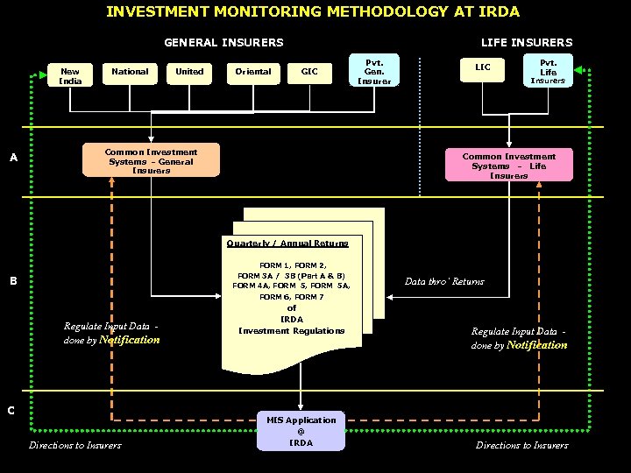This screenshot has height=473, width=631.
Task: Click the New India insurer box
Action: click(x=70, y=76)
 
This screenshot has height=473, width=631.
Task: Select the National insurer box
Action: click(x=130, y=72)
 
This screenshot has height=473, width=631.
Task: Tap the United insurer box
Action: click(x=189, y=72)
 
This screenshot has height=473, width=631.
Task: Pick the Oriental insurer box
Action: click(x=252, y=72)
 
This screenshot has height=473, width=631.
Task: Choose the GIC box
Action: click(x=309, y=72)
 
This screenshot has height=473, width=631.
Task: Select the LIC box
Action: click(x=483, y=67)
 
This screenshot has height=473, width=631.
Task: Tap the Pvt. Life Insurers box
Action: click(x=548, y=71)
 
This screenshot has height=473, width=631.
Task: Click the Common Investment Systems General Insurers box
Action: click(x=151, y=161)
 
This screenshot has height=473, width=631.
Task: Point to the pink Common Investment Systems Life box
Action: click(x=509, y=165)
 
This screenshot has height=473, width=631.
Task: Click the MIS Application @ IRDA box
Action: click(x=301, y=431)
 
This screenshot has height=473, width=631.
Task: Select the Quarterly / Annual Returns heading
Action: click(x=287, y=244)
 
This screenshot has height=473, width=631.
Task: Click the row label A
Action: click(x=13, y=159)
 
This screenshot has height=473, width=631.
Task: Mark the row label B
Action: click(x=13, y=281)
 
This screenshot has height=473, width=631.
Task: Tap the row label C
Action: click(x=11, y=410)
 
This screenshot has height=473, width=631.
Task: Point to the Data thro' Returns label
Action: click(x=444, y=282)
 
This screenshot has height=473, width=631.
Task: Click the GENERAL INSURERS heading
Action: click(x=223, y=42)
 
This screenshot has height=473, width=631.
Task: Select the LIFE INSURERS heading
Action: click(x=526, y=42)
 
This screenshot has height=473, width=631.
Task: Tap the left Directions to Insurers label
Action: click(x=74, y=446)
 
